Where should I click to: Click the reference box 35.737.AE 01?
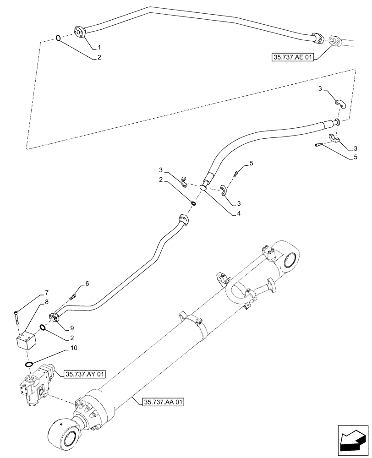pos(291,58)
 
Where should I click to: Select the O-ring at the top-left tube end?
pos(58,38)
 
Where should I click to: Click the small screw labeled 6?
pos(72,298)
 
